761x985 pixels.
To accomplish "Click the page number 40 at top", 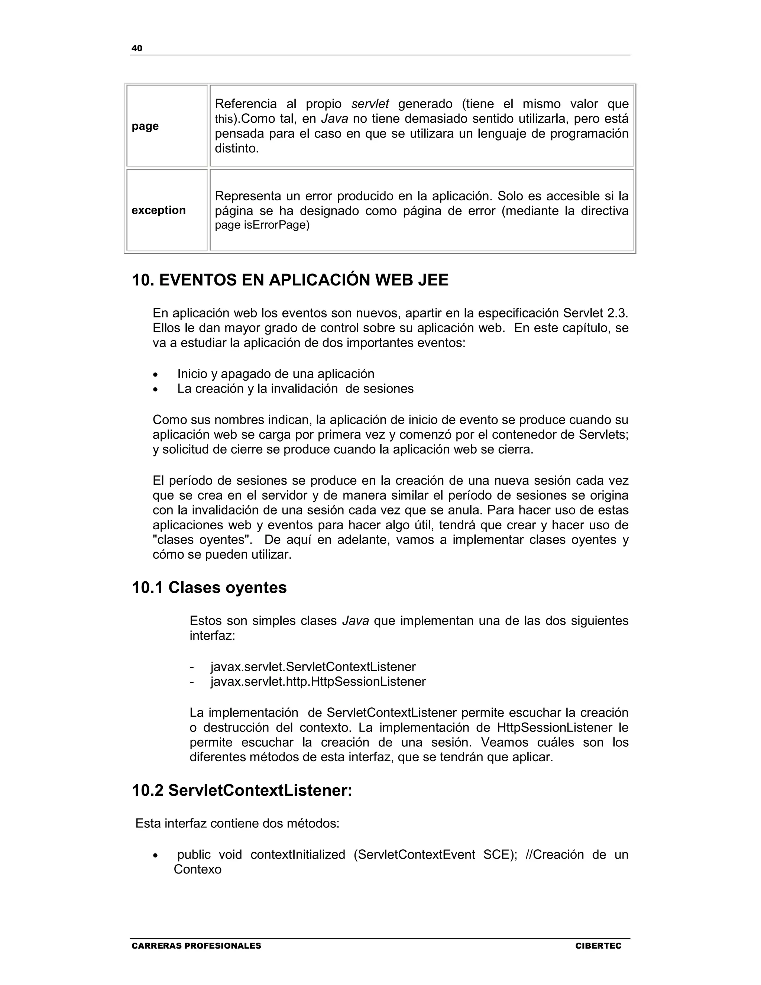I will [x=137, y=48].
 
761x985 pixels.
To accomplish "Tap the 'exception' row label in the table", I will [x=159, y=210].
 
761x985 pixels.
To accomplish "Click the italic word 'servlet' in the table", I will [x=370, y=104].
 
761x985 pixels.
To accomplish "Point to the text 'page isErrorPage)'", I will [x=262, y=225].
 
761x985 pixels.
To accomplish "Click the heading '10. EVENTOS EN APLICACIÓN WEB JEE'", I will [x=290, y=280].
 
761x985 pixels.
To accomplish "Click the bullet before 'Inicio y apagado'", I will [x=156, y=375].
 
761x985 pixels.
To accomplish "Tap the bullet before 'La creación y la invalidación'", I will [x=156, y=390].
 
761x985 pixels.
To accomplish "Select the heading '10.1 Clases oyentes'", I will [x=209, y=588].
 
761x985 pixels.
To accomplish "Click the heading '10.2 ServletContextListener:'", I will [x=242, y=791].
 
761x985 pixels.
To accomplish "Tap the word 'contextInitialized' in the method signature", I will [x=298, y=855].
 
